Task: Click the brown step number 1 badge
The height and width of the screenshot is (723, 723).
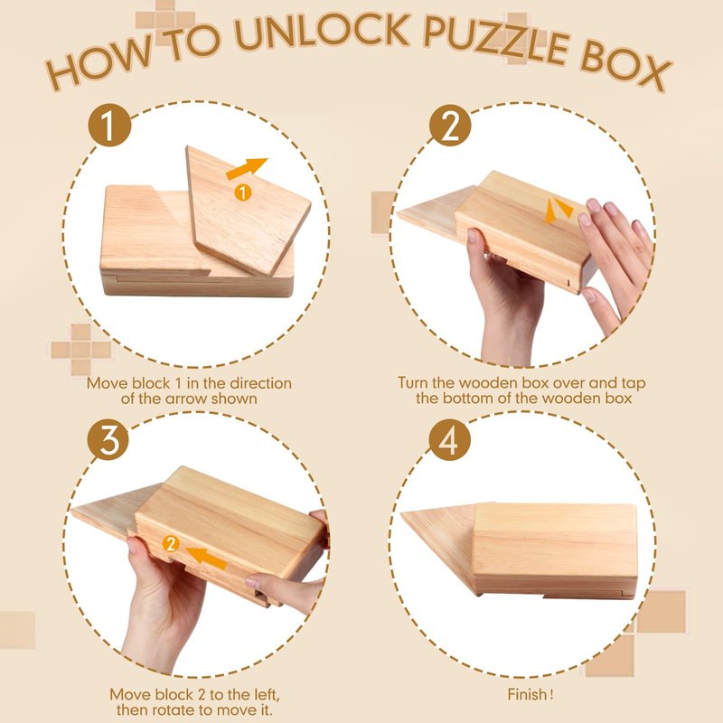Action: pyautogui.click(x=109, y=125)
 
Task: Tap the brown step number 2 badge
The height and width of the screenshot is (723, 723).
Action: pyautogui.click(x=450, y=125)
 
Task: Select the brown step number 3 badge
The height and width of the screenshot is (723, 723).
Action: pyautogui.click(x=108, y=439)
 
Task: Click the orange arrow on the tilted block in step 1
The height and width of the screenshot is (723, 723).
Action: pyautogui.click(x=246, y=169)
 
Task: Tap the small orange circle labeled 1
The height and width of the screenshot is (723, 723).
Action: pyautogui.click(x=243, y=192)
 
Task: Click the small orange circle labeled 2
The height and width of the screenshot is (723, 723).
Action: pyautogui.click(x=171, y=544)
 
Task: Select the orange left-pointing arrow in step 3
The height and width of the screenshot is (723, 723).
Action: pyautogui.click(x=206, y=557)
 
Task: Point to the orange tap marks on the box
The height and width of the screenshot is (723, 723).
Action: pyautogui.click(x=559, y=211)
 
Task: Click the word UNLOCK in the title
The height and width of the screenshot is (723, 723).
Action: pyautogui.click(x=322, y=33)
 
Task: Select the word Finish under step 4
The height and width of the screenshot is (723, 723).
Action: pyautogui.click(x=527, y=694)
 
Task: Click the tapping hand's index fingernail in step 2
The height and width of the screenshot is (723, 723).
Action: pyautogui.click(x=594, y=205)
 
